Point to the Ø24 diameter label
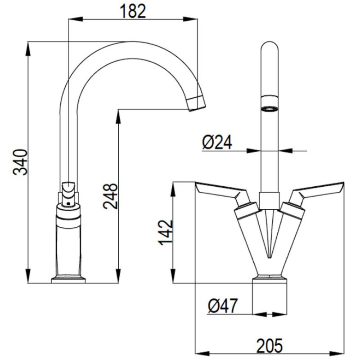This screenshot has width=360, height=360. pyautogui.click(x=217, y=142)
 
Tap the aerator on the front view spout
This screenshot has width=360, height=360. pyautogui.click(x=270, y=104)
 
